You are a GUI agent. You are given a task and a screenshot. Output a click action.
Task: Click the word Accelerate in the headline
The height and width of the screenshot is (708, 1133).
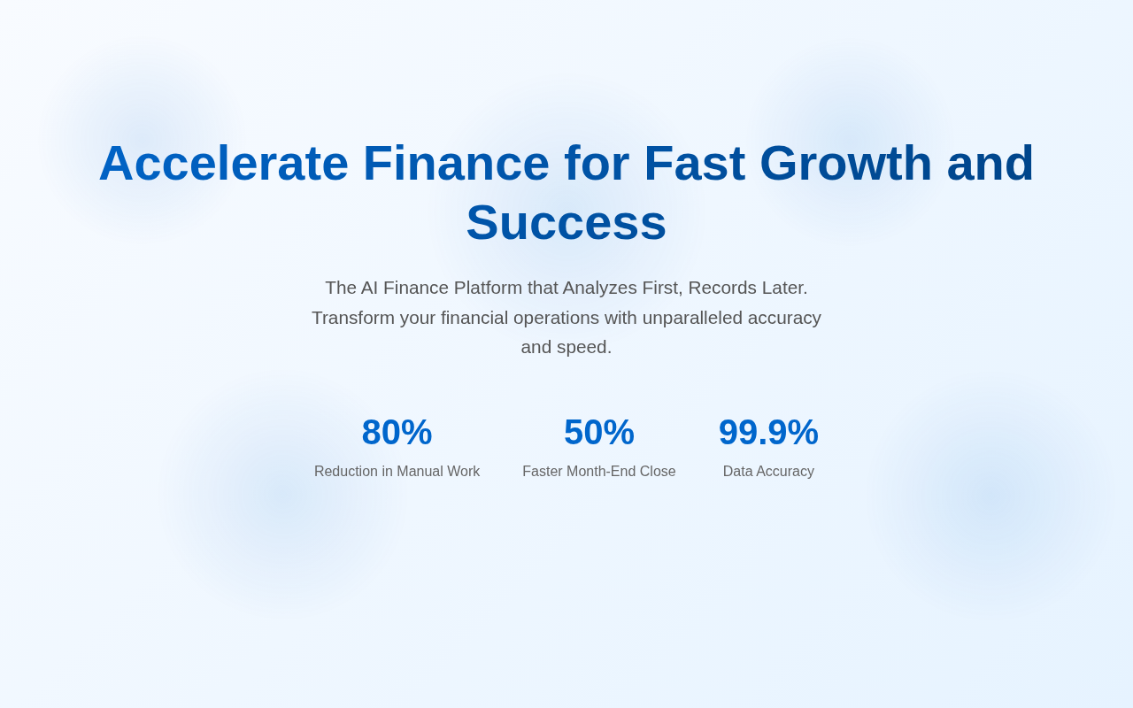[224, 164]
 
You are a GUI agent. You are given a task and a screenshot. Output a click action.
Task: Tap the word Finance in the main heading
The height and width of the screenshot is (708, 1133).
[456, 164]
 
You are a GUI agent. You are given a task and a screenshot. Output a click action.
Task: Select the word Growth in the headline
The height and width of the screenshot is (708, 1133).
[845, 164]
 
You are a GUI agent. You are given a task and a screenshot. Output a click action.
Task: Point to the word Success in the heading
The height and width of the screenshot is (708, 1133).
[566, 223]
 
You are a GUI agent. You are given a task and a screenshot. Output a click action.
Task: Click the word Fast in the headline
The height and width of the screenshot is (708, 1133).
[695, 164]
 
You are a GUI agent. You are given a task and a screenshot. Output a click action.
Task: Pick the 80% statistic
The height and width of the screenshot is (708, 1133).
[397, 433]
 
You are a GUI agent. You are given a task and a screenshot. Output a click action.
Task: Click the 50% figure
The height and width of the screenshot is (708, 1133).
[599, 433]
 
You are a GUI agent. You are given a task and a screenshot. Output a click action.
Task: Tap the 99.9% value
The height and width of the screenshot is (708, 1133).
[768, 433]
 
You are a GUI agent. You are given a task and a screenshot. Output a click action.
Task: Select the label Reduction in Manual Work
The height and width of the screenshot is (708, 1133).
[397, 472]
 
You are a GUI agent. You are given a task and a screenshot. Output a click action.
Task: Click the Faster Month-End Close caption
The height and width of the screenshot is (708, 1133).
[599, 472]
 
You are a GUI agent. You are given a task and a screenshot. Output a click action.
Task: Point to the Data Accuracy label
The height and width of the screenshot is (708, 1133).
[768, 472]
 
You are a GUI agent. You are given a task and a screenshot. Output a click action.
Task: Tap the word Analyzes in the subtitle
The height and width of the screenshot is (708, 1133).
[599, 289]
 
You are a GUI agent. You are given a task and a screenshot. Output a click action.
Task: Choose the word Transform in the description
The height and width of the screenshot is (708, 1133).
[353, 318]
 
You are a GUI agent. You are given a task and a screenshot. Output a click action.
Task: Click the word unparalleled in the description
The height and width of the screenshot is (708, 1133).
[692, 318]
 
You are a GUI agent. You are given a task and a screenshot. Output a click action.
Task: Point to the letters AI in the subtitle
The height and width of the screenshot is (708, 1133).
[369, 288]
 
